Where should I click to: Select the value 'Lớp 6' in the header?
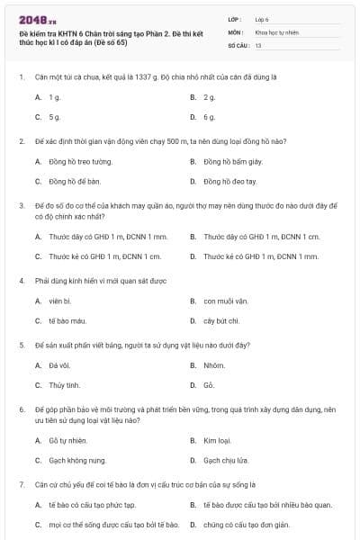(262, 19)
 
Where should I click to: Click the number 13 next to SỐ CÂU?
(258, 44)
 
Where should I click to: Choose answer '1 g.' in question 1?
(55, 96)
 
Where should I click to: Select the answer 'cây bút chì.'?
(221, 320)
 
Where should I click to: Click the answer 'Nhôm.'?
(214, 365)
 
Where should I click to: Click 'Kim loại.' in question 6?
(218, 440)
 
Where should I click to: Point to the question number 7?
(21, 484)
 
